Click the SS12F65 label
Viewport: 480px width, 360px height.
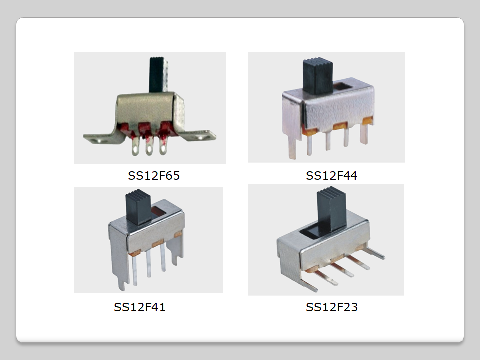pos(154,176)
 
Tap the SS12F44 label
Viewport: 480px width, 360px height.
pos(331,176)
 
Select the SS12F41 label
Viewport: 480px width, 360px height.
pos(140,307)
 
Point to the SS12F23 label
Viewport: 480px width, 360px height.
pos(332,307)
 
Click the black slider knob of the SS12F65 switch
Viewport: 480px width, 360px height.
pos(158,74)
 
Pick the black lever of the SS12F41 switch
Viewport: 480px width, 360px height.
pos(138,207)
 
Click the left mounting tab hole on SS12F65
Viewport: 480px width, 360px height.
pos(99,141)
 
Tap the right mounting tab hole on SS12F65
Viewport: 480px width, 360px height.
pos(200,138)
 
